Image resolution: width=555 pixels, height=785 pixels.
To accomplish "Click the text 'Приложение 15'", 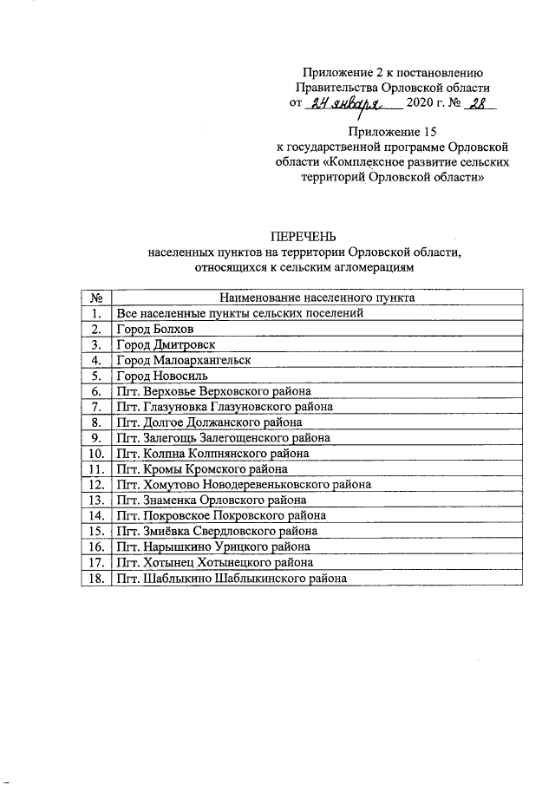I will [x=389, y=132].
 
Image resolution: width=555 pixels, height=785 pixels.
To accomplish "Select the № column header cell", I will [x=97, y=298].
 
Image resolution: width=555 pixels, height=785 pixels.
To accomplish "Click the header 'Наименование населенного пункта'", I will [x=317, y=298].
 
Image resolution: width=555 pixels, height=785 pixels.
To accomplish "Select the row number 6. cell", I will [x=97, y=391].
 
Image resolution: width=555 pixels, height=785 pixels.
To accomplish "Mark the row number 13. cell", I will [x=97, y=500].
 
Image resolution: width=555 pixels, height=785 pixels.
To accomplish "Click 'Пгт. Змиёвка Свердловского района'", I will [x=217, y=531].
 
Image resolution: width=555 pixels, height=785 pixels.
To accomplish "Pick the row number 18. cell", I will [x=97, y=579].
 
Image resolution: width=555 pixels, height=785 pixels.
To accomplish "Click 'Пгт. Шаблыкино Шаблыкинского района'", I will [x=231, y=579].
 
